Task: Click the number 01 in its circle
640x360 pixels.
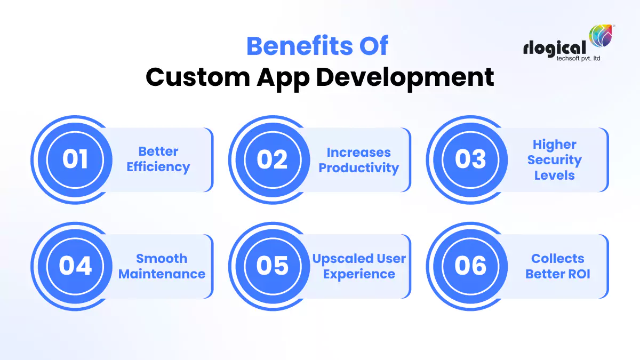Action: (75, 159)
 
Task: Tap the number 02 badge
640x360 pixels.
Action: (273, 159)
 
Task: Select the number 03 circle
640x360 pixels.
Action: (470, 159)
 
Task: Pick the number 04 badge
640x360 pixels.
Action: (75, 266)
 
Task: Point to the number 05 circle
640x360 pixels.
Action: (273, 266)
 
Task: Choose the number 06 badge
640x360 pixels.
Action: (470, 266)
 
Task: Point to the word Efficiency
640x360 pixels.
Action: (158, 167)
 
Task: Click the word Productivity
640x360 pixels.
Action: (359, 167)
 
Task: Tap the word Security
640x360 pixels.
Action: (555, 160)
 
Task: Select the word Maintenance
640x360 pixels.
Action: (162, 274)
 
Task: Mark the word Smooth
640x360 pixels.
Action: (162, 259)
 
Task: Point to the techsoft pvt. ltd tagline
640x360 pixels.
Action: (570, 58)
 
